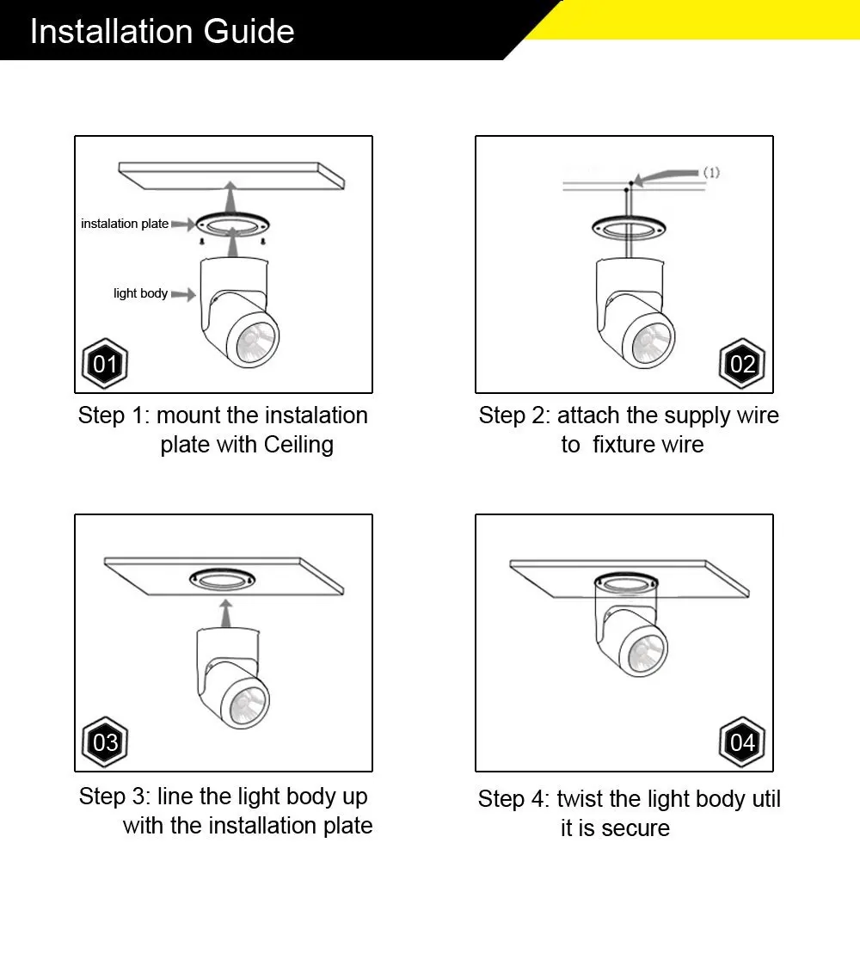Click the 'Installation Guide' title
tap(163, 31)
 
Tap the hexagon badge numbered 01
tap(105, 363)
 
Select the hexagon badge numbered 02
tap(741, 363)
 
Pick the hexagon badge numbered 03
tap(105, 742)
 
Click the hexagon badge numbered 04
tap(741, 742)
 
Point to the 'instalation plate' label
tap(125, 223)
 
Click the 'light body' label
tap(141, 293)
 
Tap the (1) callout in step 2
tap(711, 172)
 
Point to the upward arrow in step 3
tap(226, 613)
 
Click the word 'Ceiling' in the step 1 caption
tap(298, 445)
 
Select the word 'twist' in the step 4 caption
tap(580, 798)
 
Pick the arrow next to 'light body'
tap(183, 294)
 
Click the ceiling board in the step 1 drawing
tap(231, 175)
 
